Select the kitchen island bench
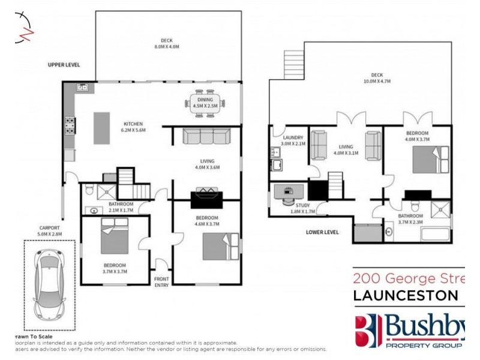coord(102,127)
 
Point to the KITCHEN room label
coord(133,124)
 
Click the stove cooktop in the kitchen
coord(70,125)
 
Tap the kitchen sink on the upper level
coord(83,88)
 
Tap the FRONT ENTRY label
coord(161,282)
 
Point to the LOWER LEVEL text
coord(322,232)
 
